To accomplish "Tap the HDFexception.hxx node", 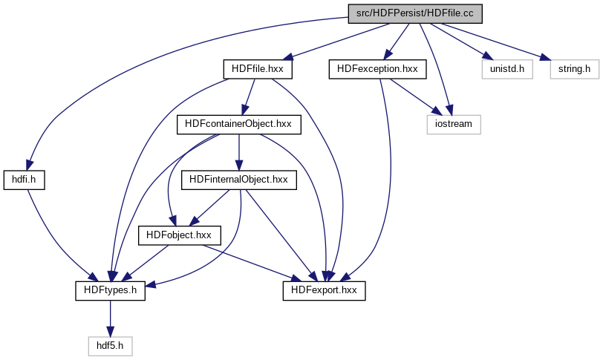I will click(377, 69).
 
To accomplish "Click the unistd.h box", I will click(507, 69).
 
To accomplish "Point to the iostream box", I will click(453, 124).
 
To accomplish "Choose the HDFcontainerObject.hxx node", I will click(238, 124).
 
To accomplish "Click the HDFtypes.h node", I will click(110, 290).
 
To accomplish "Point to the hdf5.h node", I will click(110, 345).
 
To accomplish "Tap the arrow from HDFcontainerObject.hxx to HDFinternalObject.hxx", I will click(238, 151).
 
